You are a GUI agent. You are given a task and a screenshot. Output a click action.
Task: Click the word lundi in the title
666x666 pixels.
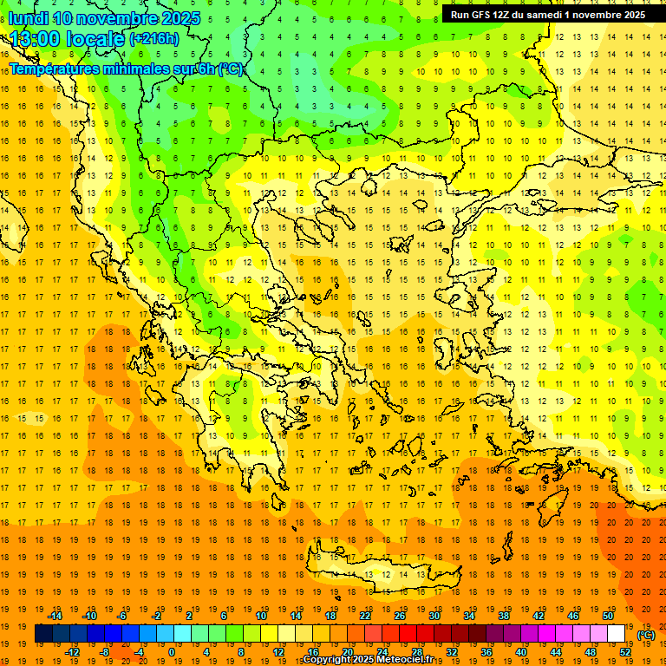[x=29, y=18]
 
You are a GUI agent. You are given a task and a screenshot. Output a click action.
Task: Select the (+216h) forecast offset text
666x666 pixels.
[x=153, y=39]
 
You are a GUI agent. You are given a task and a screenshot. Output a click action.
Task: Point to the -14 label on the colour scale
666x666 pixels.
[x=55, y=616]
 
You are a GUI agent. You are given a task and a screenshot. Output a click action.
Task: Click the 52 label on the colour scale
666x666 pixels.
[x=625, y=651]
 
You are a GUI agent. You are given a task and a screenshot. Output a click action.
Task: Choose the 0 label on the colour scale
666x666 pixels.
[x=171, y=651]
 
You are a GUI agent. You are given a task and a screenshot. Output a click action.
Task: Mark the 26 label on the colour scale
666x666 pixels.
[x=400, y=616]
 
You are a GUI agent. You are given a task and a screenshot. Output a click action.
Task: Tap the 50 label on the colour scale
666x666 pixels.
[x=607, y=616]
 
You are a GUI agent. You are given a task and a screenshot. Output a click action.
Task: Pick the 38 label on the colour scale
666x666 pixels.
[x=504, y=616]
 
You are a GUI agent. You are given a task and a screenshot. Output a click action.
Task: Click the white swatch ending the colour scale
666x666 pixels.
[x=616, y=634]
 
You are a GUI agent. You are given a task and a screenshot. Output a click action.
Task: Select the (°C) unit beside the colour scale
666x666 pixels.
[x=646, y=635]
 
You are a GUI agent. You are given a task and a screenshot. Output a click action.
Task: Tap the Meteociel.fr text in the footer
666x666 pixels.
[x=405, y=660]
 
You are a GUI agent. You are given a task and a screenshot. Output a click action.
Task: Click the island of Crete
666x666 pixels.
[x=382, y=571]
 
